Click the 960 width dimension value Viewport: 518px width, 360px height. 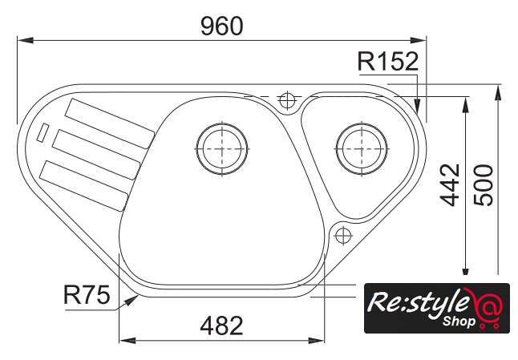click(x=222, y=26)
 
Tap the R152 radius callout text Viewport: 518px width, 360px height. click(x=388, y=62)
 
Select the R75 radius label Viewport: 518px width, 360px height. click(x=87, y=294)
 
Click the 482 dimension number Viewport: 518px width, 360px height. click(x=221, y=326)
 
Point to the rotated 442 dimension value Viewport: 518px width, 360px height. click(x=450, y=185)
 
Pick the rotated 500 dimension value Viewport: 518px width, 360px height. click(x=484, y=185)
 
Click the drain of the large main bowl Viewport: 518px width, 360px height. click(x=221, y=148)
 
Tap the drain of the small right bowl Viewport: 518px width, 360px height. click(x=362, y=148)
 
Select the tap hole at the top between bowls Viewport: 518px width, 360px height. click(x=287, y=99)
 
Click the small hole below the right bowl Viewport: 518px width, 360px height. click(x=343, y=236)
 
